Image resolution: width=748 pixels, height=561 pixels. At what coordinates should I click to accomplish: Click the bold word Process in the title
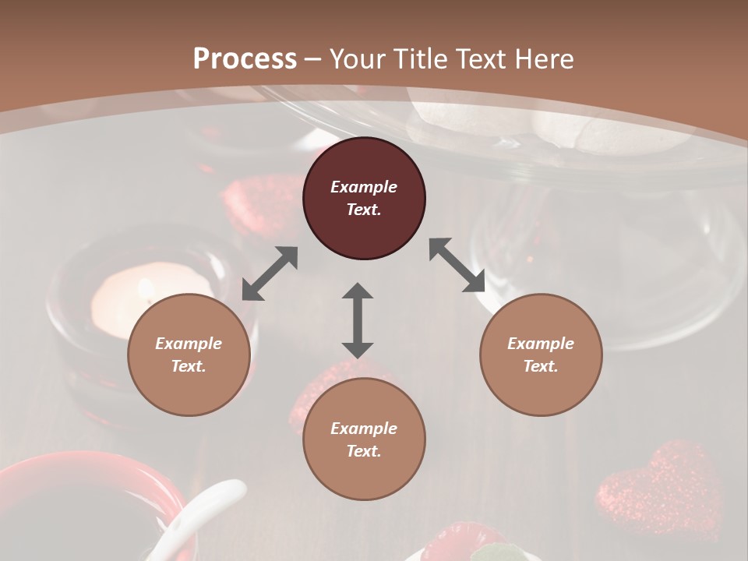245,59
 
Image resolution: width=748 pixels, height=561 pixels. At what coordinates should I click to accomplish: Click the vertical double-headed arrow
358,319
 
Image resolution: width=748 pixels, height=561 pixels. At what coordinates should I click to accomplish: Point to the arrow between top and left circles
270,273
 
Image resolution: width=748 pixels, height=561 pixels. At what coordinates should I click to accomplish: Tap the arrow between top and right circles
457,265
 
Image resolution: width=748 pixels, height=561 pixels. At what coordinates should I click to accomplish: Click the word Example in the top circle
364,187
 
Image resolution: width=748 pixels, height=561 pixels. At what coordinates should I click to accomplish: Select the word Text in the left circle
189,366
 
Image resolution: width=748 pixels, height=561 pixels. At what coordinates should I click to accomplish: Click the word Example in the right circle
541,344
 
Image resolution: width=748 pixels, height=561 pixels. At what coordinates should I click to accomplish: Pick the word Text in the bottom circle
364,451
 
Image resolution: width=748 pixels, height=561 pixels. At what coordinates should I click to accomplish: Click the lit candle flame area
144,290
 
